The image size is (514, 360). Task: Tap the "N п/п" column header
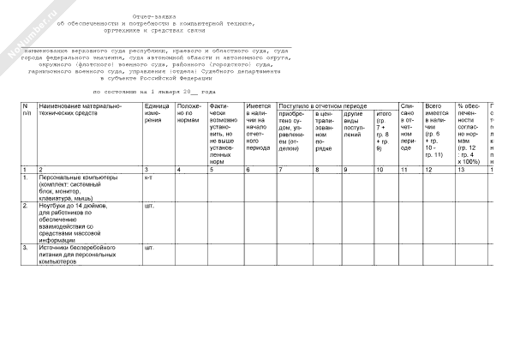(27, 110)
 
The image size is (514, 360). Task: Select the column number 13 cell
(463, 171)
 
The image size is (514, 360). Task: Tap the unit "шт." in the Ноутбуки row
(150, 207)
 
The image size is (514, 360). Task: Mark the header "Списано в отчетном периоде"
(409, 129)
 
